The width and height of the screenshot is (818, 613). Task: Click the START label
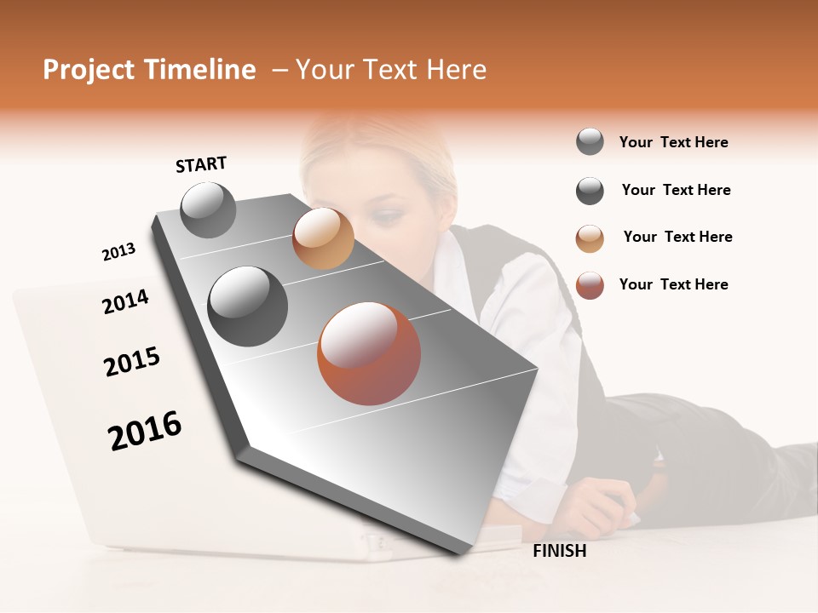(201, 164)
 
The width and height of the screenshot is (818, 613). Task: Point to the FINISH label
(560, 551)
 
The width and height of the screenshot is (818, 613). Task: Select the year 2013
(118, 252)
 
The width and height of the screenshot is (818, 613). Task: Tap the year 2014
(125, 302)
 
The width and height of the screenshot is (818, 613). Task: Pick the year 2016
(145, 431)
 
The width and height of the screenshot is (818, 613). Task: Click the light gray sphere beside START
(208, 210)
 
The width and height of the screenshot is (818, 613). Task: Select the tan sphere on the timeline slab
(323, 238)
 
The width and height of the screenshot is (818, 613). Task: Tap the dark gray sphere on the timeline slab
(248, 306)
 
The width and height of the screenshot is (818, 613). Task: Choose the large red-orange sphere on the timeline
(369, 353)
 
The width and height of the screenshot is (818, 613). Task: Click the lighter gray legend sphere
(590, 141)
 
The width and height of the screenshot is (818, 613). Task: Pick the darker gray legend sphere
(590, 191)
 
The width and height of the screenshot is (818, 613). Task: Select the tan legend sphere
(590, 238)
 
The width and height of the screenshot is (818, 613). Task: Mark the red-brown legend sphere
(590, 285)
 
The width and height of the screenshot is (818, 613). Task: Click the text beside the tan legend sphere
(677, 237)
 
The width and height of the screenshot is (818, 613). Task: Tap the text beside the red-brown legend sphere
(673, 284)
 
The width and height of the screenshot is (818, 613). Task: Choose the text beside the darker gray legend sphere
(676, 190)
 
